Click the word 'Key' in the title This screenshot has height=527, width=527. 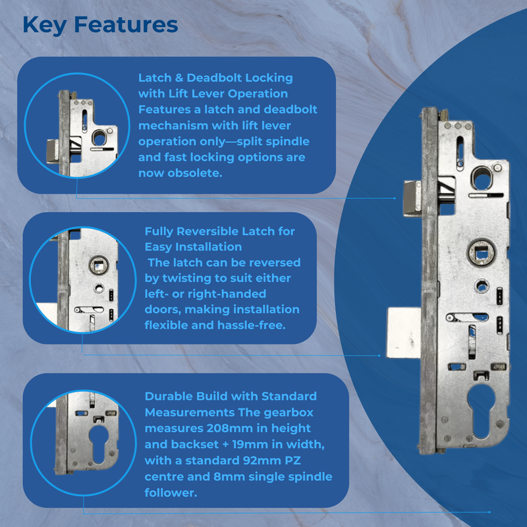pos(44,24)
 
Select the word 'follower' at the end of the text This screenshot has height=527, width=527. pos(171,492)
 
